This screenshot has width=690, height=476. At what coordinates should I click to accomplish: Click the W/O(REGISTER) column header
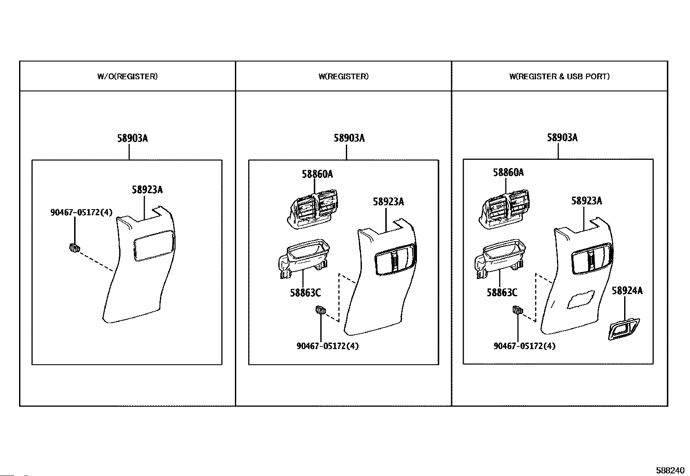[x=127, y=77]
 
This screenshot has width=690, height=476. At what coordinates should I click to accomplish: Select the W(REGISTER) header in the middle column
[x=343, y=77]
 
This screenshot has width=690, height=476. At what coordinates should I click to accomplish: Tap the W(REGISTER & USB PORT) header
[x=559, y=77]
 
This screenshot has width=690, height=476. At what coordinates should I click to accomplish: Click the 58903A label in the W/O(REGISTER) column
[x=132, y=138]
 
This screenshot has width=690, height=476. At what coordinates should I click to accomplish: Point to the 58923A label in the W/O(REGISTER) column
[x=147, y=190]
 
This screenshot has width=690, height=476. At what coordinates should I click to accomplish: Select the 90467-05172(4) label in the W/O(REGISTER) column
[x=81, y=212]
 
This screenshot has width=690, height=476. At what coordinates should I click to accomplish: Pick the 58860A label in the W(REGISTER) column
[x=317, y=174]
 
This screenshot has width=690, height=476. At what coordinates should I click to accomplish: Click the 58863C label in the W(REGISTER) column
[x=305, y=293]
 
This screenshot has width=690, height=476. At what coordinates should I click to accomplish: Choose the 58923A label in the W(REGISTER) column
[x=388, y=201]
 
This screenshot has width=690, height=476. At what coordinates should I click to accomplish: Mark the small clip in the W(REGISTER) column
[x=320, y=310]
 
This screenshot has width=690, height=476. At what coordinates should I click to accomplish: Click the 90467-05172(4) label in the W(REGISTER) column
[x=328, y=346]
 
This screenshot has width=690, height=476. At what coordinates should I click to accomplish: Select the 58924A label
[x=627, y=291]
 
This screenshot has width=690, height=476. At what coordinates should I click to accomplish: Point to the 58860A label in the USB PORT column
[x=508, y=172]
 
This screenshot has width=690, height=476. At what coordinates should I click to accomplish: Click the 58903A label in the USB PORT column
[x=562, y=138]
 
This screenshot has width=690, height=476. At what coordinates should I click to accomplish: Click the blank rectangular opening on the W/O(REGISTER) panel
[x=154, y=246]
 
